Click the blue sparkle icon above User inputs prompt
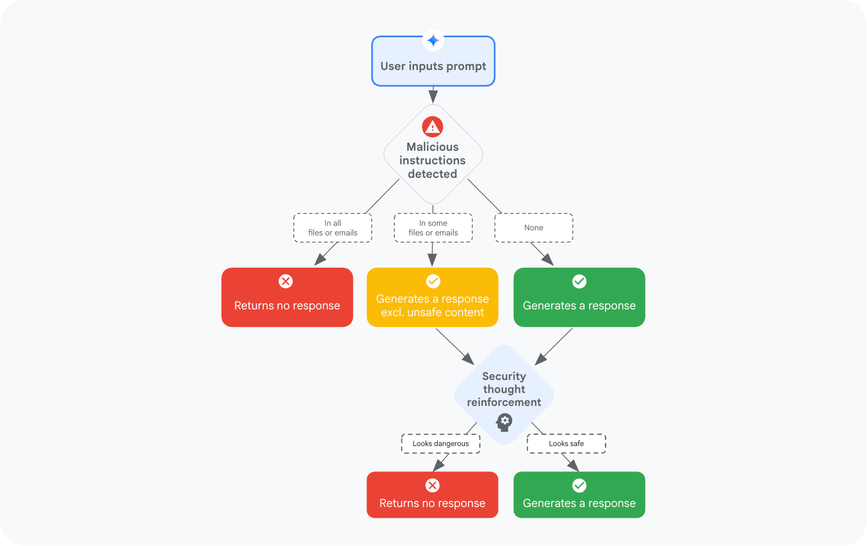(x=433, y=41)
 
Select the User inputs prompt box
(x=433, y=66)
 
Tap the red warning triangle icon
(x=433, y=127)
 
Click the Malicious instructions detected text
(x=433, y=160)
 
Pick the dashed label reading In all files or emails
(x=333, y=228)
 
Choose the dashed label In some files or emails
(x=433, y=228)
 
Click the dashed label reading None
(x=534, y=228)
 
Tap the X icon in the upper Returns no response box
(x=286, y=281)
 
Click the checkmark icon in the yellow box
(x=433, y=281)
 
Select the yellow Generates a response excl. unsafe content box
(x=433, y=305)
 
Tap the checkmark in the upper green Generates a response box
(x=580, y=281)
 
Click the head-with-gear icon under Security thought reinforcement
(x=504, y=421)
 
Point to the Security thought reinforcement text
(x=504, y=389)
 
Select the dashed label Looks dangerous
(x=441, y=444)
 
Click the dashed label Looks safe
(x=567, y=444)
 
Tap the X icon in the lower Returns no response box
(x=433, y=486)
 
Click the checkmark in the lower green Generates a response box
(x=580, y=486)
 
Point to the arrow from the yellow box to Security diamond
(x=454, y=346)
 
